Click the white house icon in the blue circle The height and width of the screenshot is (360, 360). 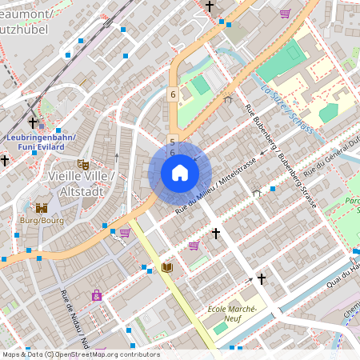[x=180, y=173]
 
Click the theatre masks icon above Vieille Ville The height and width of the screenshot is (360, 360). [x=82, y=165]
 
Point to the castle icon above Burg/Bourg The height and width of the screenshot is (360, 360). [x=41, y=208]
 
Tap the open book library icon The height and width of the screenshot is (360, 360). [x=167, y=267]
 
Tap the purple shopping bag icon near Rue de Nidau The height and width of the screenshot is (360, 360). [x=97, y=295]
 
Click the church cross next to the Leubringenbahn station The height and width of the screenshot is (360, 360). [x=33, y=123]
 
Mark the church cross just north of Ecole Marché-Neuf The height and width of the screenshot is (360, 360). [x=261, y=279]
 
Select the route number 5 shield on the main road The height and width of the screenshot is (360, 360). [x=172, y=141]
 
